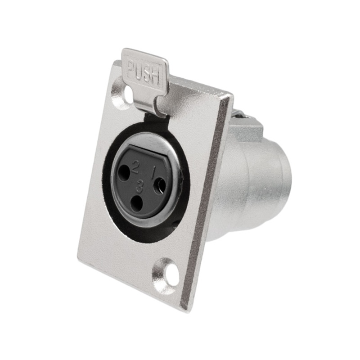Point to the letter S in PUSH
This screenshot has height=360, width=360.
(x=148, y=75)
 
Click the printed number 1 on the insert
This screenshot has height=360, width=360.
(x=153, y=171)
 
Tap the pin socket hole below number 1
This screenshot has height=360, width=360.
(x=160, y=185)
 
